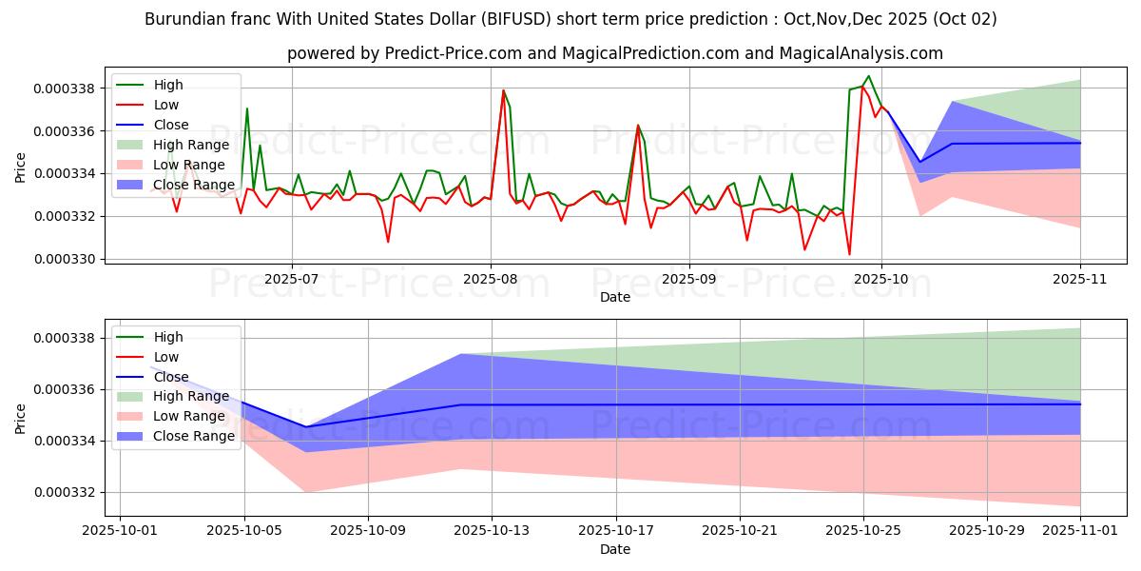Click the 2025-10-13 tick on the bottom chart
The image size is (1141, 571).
tap(492, 530)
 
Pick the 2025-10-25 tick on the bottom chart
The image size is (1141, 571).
tap(863, 530)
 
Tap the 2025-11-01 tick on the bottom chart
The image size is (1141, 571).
tap(1080, 530)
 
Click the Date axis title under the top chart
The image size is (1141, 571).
tap(614, 297)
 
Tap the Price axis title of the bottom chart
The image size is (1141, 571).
tap(20, 418)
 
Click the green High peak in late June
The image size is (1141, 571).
tap(247, 108)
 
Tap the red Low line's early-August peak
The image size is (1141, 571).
tap(503, 90)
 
